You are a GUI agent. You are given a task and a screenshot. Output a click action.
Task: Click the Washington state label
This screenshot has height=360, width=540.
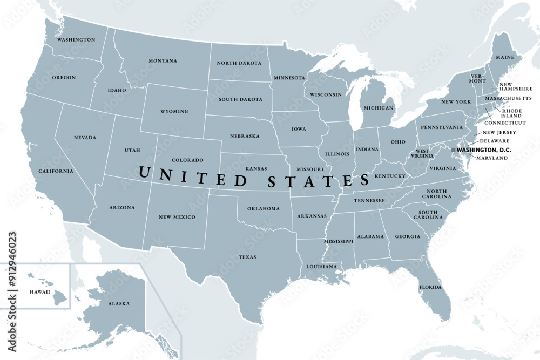[76, 40]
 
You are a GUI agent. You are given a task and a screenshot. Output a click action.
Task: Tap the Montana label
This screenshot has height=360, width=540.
[163, 61]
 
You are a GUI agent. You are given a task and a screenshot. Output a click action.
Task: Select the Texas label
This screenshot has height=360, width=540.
[248, 257]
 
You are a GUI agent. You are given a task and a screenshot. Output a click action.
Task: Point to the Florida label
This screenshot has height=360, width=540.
[431, 287]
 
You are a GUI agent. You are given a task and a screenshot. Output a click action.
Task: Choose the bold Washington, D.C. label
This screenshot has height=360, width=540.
[484, 150]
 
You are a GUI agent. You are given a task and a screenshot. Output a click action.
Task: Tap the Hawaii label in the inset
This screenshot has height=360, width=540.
[39, 292]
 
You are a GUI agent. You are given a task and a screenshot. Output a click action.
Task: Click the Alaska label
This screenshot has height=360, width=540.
[119, 304]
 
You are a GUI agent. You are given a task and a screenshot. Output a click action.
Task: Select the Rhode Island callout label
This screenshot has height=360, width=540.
[511, 113]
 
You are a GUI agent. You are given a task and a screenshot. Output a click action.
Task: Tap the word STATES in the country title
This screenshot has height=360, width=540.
[318, 180]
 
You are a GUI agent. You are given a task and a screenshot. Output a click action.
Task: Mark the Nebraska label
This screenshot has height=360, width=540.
[245, 136]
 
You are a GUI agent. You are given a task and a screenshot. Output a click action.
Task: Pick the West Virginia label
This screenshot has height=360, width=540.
[423, 153]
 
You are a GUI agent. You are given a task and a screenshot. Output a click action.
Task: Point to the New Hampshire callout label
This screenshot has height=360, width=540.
[516, 87]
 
